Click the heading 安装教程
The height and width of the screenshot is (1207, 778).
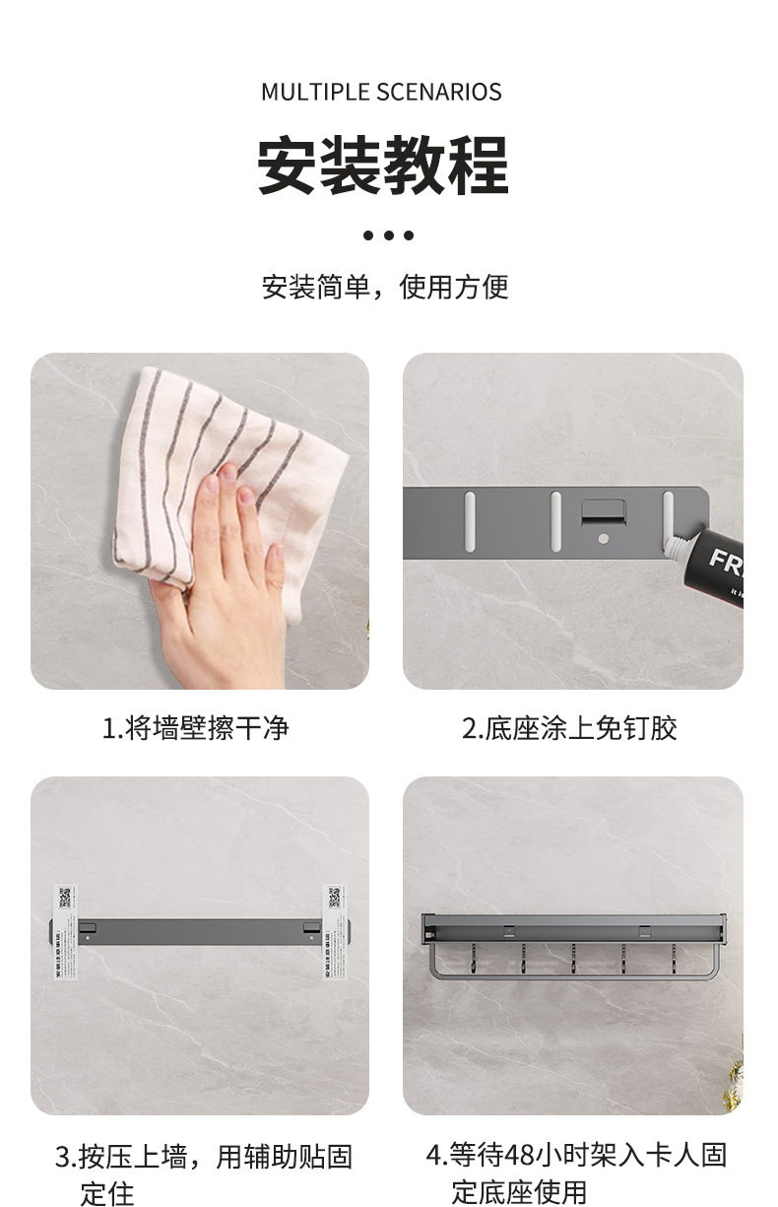383,165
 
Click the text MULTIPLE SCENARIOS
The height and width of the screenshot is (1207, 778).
381,93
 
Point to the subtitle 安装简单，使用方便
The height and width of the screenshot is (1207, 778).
385,288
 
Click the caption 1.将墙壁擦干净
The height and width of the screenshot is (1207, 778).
195,728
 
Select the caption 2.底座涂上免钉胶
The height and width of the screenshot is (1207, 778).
569,728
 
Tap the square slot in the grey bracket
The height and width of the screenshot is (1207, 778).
603,512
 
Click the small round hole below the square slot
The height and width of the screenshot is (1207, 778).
603,539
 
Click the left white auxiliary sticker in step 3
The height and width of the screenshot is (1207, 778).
66,928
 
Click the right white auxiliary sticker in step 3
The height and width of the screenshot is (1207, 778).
335,928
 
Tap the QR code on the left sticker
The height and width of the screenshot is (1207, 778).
66,898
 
